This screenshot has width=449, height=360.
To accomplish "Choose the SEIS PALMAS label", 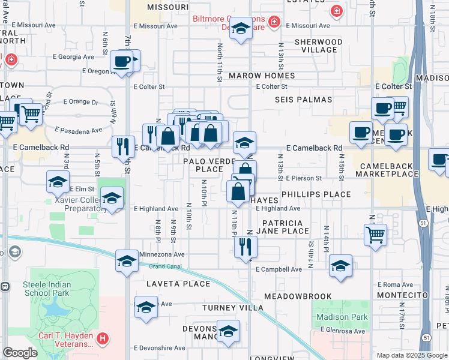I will click(x=304, y=100).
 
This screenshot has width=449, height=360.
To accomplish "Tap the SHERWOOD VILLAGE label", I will click(x=318, y=46).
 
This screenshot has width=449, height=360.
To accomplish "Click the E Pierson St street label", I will click(x=304, y=178).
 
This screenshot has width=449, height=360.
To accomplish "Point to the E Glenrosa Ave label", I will click(x=343, y=331).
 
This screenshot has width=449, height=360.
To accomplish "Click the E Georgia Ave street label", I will click(x=73, y=57).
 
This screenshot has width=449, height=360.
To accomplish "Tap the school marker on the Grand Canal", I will click(x=126, y=260).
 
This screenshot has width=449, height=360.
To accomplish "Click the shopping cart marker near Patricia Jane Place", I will click(x=375, y=234).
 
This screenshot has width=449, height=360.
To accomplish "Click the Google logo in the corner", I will click(x=20, y=353).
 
